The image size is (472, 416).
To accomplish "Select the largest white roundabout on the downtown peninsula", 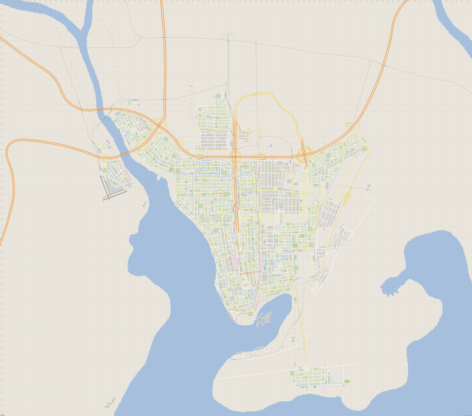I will [245, 286].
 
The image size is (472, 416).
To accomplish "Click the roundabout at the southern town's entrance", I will [306, 368].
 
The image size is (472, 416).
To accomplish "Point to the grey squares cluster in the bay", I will [264, 319].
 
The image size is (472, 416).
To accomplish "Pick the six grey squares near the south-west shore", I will [110, 402].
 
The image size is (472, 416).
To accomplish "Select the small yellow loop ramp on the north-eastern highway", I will [348, 125].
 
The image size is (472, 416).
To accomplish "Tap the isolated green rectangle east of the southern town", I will [347, 381].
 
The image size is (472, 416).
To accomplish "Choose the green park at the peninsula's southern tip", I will [251, 314].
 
